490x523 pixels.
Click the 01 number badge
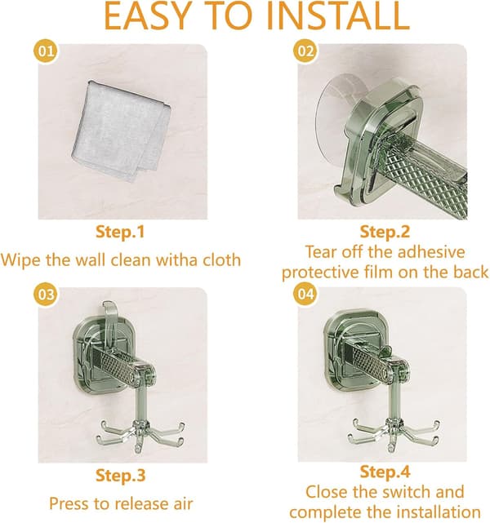[46, 51]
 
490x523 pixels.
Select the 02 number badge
[305, 51]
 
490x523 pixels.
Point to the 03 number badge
[46, 295]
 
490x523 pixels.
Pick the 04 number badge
[305, 294]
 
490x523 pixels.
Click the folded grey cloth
[121, 131]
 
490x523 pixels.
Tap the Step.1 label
[120, 232]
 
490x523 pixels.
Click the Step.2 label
[385, 232]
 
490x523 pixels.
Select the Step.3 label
[121, 475]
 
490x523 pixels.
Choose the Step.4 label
[385, 472]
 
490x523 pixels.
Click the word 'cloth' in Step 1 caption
[222, 259]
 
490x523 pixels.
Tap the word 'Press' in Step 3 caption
[68, 503]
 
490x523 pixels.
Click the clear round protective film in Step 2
[331, 120]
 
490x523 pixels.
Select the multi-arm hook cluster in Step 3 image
[140, 433]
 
